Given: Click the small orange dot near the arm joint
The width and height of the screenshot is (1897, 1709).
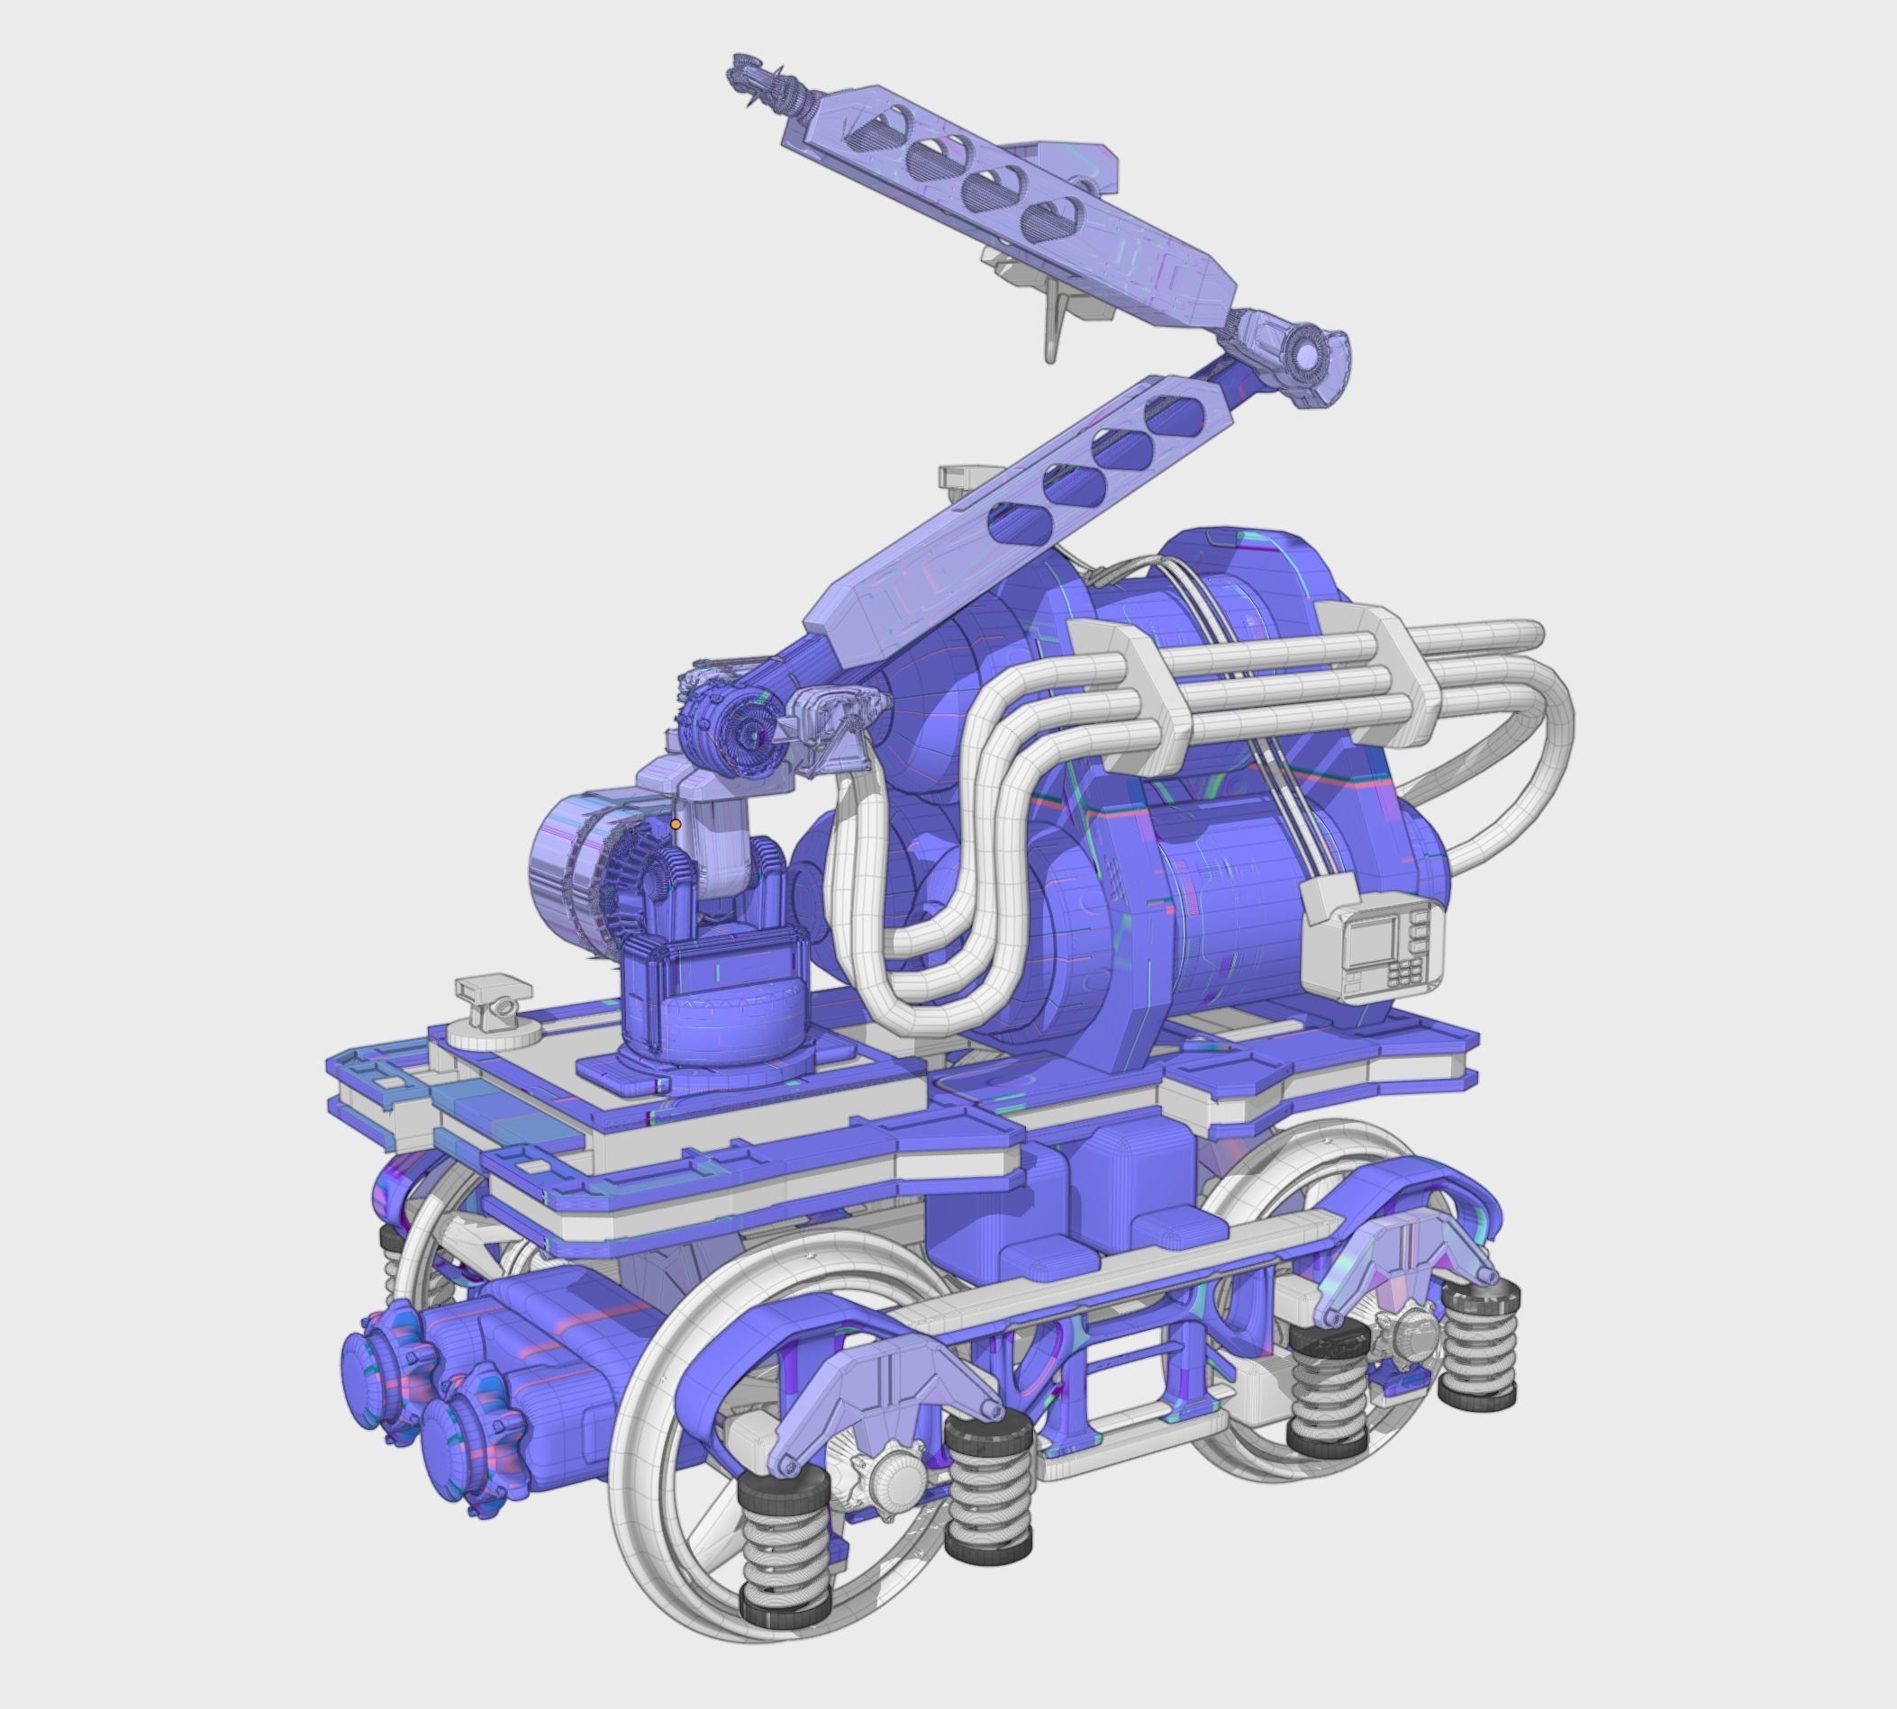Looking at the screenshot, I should point(676,824).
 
